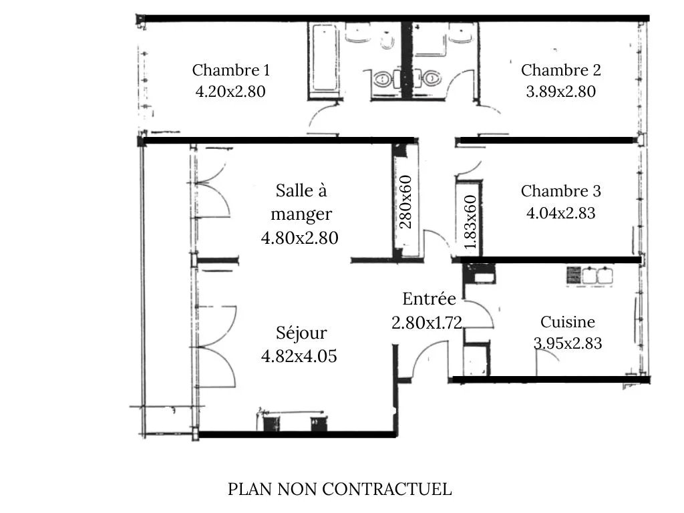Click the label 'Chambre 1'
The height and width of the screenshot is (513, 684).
click(x=230, y=69)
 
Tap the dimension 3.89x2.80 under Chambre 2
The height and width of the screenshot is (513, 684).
click(x=560, y=92)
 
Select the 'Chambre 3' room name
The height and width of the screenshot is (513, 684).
click(x=561, y=191)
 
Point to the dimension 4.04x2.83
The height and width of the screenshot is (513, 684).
click(x=560, y=213)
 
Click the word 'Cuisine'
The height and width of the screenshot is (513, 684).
click(x=568, y=322)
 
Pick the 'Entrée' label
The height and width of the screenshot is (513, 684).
click(x=430, y=299)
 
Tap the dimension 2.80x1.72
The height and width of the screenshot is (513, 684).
click(x=427, y=323)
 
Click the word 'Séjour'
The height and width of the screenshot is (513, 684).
click(x=301, y=333)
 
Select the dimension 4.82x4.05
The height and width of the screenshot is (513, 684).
click(x=299, y=356)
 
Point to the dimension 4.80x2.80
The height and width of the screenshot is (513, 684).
click(x=300, y=238)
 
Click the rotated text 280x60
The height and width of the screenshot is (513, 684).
click(x=405, y=202)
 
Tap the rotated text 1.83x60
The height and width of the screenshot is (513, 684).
click(x=470, y=222)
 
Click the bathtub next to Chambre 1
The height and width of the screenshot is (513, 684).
click(x=324, y=58)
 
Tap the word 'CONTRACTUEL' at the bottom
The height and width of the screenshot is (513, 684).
click(x=387, y=489)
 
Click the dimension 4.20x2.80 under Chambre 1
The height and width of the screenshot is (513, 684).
click(x=230, y=92)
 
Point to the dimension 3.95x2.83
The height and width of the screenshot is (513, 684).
click(x=568, y=343)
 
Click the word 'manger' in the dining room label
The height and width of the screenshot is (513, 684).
click(x=301, y=214)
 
